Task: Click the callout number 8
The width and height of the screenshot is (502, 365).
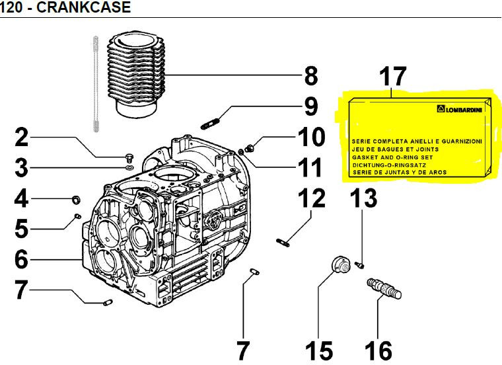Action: pos(311,75)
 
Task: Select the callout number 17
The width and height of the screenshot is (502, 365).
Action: pos(392,76)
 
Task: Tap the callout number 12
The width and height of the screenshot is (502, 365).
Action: pos(312,198)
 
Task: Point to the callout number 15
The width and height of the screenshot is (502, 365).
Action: pos(319,350)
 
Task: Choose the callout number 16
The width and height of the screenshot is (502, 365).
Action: pos(378,350)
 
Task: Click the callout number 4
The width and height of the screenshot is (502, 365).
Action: pos(21,198)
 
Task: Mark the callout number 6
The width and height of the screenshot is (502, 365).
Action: pos(21,259)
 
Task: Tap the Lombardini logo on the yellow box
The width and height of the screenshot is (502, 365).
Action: pos(460,109)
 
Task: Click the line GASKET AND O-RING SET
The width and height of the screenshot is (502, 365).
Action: pos(392,157)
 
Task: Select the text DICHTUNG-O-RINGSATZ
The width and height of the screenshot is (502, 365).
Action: pos(389,165)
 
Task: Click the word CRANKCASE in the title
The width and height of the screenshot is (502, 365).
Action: pos(84,7)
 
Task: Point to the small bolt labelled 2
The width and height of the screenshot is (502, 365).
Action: pos(129,157)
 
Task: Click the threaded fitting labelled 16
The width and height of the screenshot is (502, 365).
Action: pos(384,288)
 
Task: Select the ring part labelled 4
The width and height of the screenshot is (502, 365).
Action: pos(75,200)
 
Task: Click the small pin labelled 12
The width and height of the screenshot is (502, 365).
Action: pos(283,243)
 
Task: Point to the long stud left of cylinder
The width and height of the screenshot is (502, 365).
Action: pos(95,84)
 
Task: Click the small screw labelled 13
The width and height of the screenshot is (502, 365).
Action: pos(359,265)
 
